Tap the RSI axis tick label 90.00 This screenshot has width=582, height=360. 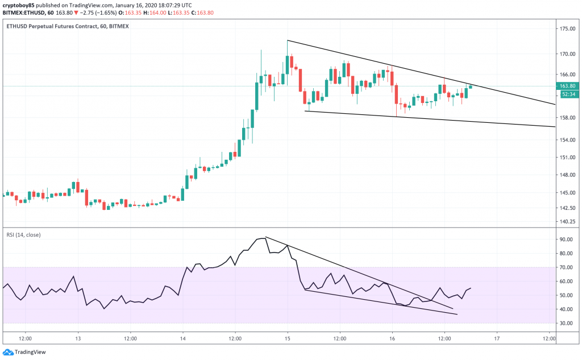point(565,239)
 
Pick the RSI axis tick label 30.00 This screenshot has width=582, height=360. point(565,323)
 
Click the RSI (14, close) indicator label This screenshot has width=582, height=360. point(24,234)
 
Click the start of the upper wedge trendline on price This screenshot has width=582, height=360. point(288,40)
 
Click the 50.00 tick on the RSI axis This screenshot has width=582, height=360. point(565,295)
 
